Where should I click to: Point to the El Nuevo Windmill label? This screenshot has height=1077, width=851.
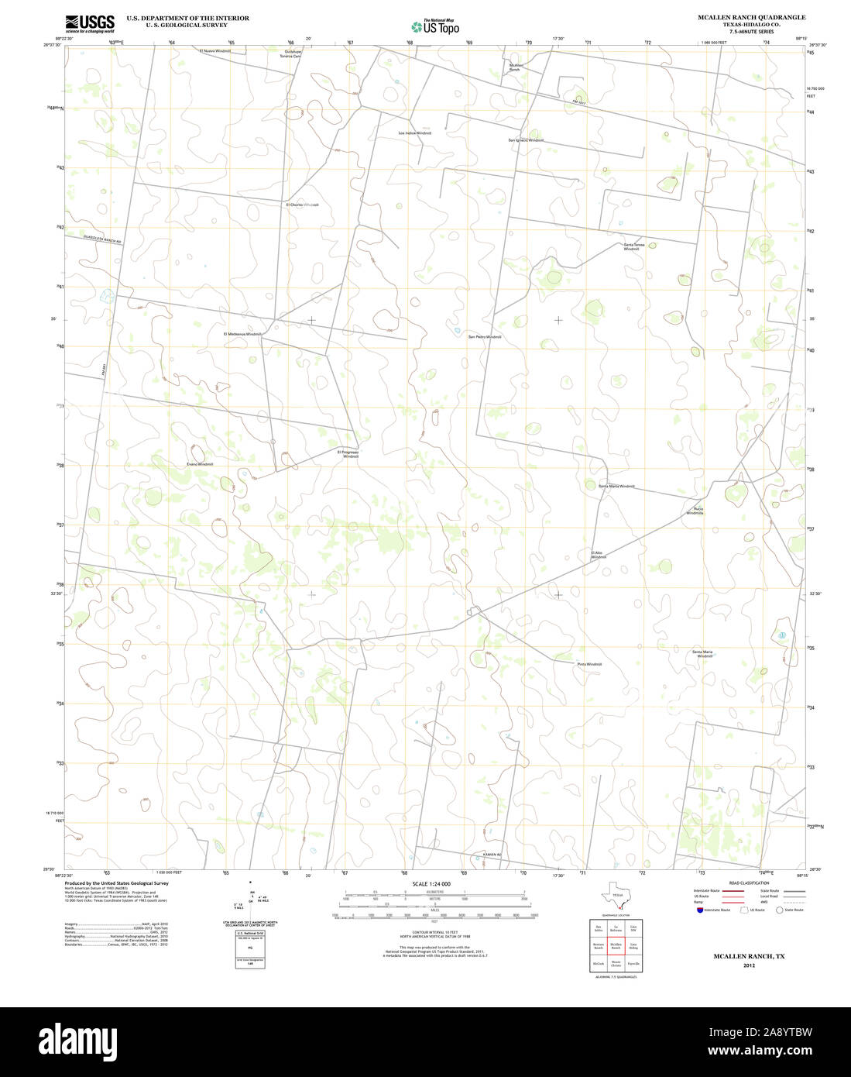coord(214,50)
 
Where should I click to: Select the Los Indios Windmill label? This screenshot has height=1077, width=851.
coord(414,133)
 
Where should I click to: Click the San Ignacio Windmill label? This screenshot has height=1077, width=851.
coord(526,140)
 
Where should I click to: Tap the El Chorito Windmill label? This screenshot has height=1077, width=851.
coord(302,205)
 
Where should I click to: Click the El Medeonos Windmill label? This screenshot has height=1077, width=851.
coord(243,334)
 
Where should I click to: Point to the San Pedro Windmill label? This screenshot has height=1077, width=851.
coord(485,337)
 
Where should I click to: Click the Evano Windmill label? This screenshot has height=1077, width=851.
coord(199,464)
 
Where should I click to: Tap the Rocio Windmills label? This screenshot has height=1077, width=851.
coord(695,511)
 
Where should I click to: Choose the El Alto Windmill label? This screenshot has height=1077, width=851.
coord(597,555)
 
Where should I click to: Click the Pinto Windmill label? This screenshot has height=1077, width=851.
coord(588,664)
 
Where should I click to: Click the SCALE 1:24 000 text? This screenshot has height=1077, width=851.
coord(431,884)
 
